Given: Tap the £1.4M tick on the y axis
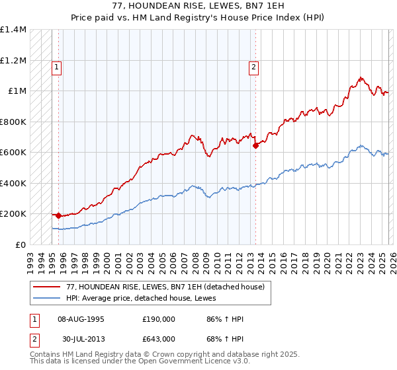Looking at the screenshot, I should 13,30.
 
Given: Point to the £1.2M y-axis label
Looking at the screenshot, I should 13,60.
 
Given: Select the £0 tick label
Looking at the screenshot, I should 20,244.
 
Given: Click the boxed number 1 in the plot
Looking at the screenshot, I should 57,66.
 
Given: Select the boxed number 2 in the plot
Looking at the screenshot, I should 254,66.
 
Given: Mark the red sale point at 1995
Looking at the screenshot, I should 58,215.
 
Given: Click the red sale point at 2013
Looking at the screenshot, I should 255,146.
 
